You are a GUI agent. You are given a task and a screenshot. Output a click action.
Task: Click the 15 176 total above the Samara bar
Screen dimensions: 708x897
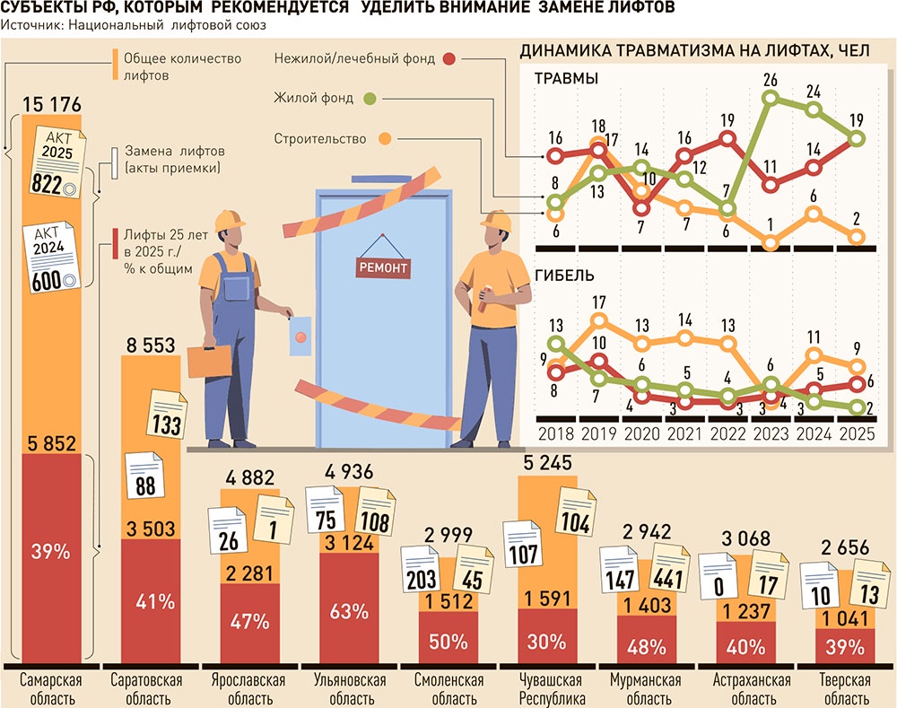[x=42, y=104]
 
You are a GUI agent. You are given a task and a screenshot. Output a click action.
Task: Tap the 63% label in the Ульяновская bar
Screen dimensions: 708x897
[x=350, y=612]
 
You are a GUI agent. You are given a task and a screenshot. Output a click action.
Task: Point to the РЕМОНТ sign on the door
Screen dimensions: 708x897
[x=383, y=267]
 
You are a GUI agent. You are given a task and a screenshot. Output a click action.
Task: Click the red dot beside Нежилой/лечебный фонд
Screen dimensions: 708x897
[x=449, y=59]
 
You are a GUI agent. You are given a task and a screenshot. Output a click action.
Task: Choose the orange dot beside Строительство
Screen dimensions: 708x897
[x=386, y=139]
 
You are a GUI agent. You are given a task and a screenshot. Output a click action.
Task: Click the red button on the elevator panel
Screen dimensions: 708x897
[x=300, y=337]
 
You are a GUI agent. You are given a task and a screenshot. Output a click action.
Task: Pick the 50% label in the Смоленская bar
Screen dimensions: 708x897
[x=448, y=642]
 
